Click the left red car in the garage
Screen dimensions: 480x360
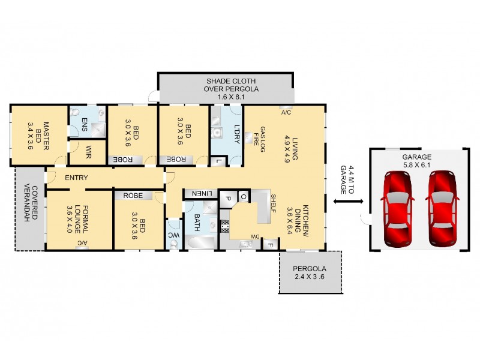397,209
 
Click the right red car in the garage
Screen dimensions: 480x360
442,209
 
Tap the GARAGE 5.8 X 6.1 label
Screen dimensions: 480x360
416,161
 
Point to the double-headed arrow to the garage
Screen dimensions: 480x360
348,202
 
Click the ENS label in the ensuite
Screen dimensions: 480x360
84,125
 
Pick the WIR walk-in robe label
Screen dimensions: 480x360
88,152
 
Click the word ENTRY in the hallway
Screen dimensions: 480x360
76,178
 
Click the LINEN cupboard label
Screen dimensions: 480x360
202,193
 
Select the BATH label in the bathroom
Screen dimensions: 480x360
197,222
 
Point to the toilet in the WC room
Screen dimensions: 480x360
174,245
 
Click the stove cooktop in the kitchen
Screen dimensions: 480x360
225,226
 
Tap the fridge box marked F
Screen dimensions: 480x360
271,245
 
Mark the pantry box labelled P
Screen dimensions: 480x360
227,198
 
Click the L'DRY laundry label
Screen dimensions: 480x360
236,134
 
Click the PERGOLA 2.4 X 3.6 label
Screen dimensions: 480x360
310,273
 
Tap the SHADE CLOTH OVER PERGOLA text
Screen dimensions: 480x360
231,89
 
